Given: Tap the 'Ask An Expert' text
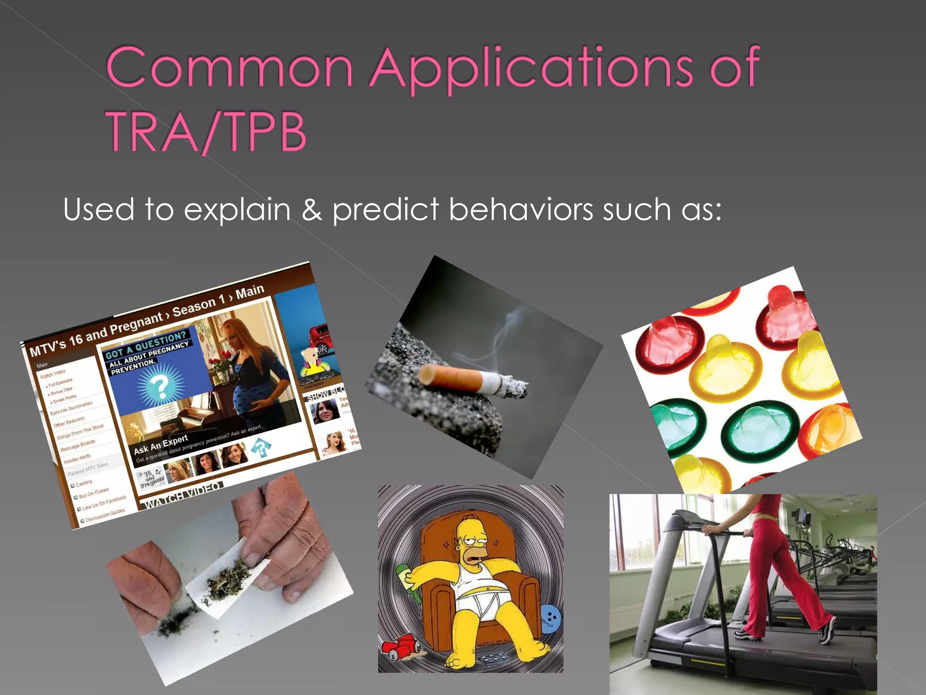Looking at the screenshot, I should point(161,444).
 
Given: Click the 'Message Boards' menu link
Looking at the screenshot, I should point(78,445).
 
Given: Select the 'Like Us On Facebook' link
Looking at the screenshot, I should point(104,503).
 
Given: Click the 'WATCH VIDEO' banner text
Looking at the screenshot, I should point(183,494).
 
